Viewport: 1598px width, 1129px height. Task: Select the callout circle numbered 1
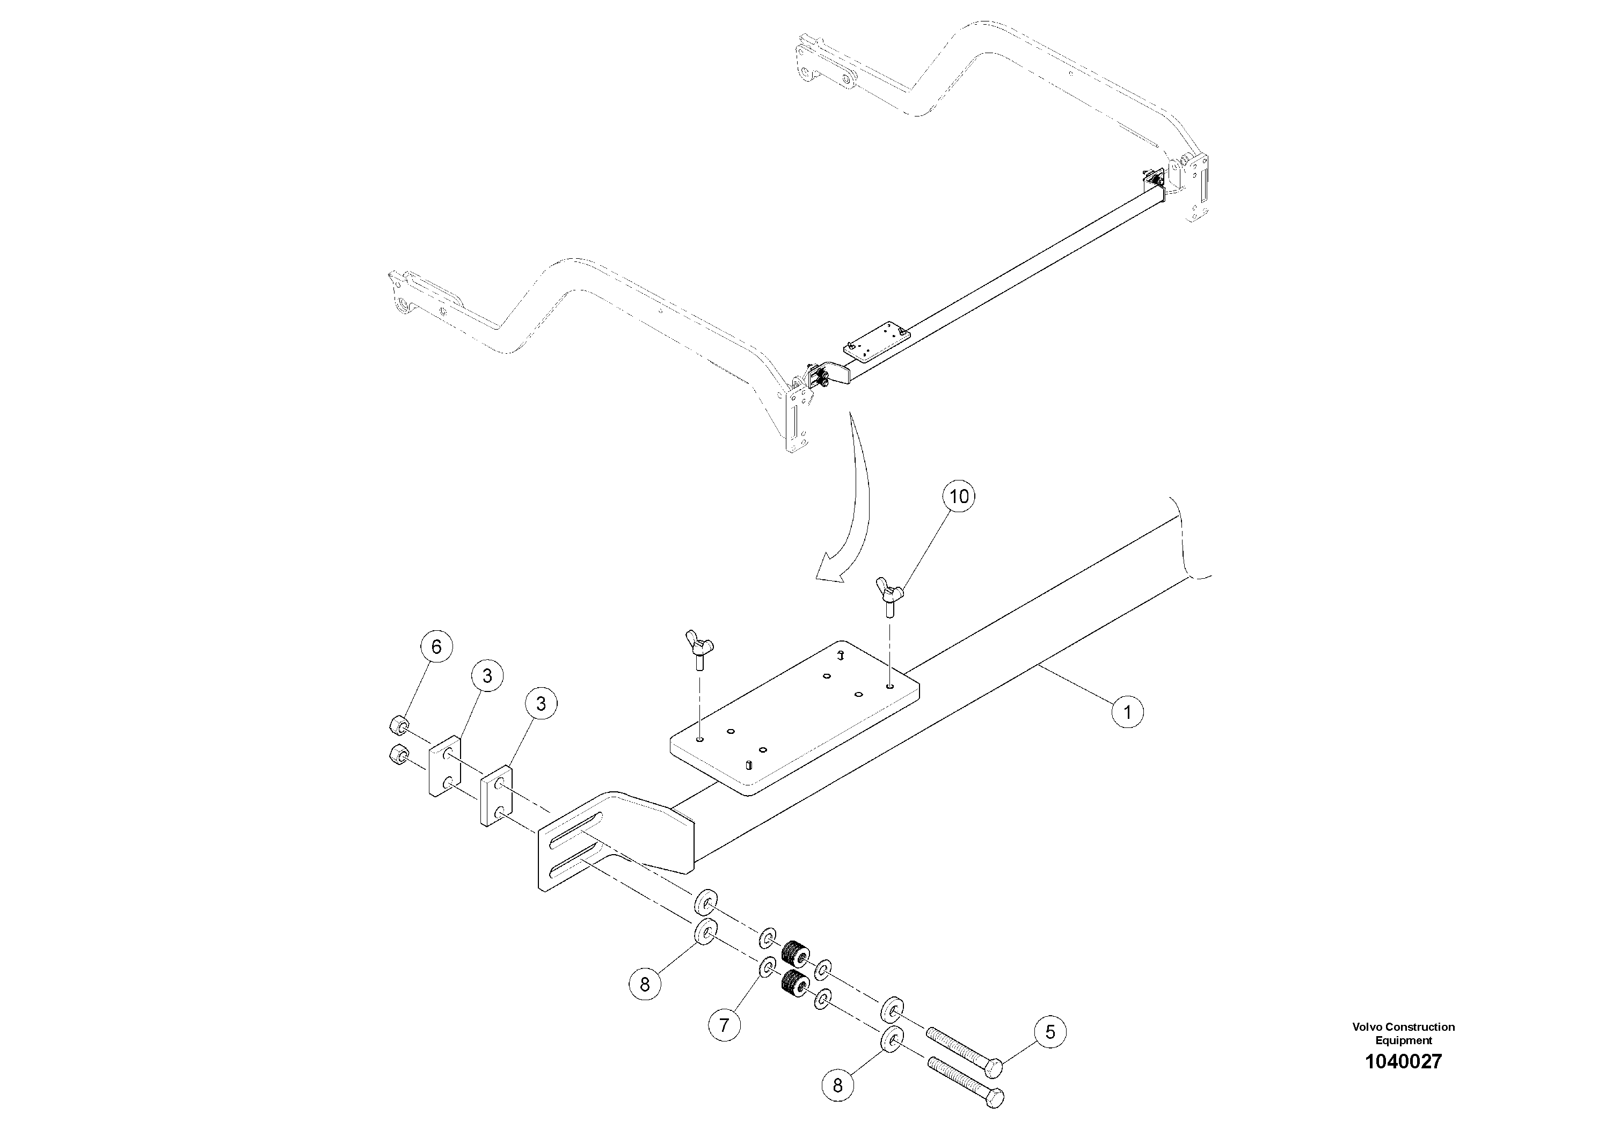[1127, 711]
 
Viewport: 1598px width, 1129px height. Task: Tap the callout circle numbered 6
[436, 646]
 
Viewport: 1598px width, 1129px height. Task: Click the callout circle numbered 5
[1049, 1031]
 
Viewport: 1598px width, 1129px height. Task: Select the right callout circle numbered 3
[541, 704]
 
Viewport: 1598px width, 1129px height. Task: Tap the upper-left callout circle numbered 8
[645, 984]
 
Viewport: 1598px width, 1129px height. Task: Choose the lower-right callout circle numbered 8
[837, 1085]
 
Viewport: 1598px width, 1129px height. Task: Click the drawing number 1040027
[1403, 1061]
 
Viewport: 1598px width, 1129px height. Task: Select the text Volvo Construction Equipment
[1403, 1033]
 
